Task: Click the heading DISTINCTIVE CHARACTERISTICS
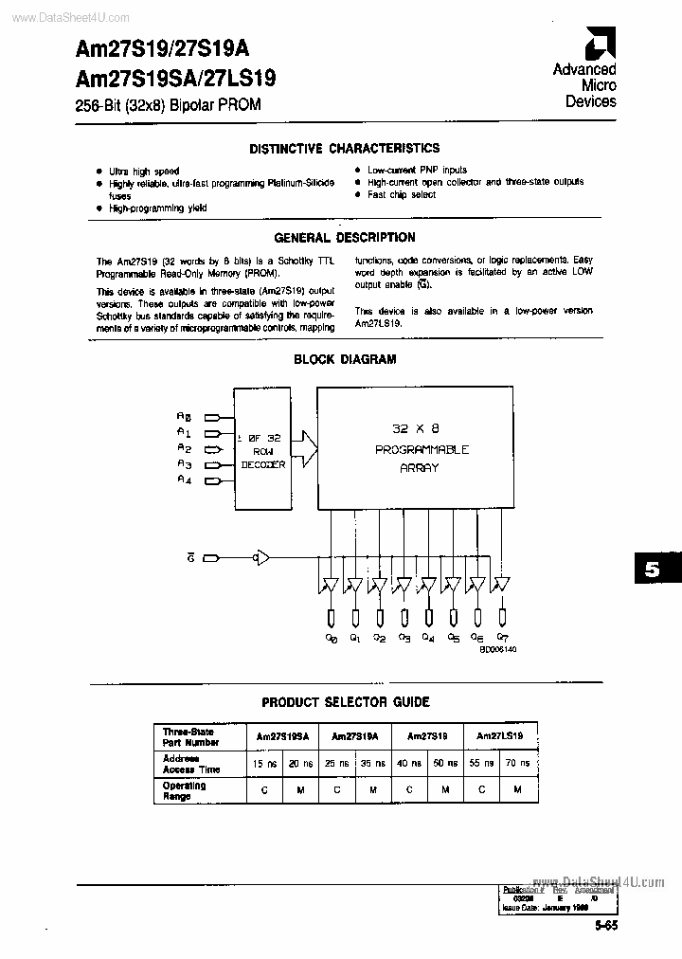click(345, 149)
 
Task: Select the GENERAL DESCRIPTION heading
click(345, 238)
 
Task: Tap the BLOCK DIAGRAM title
click(345, 360)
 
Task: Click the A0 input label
click(184, 416)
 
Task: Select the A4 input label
click(184, 480)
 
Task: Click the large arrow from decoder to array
click(307, 440)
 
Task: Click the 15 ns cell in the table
click(259, 764)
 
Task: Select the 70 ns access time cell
click(518, 764)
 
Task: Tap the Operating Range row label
click(184, 791)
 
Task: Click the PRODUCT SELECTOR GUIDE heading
click(345, 702)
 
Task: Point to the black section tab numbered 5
click(652, 570)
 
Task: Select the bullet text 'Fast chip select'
click(402, 195)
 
